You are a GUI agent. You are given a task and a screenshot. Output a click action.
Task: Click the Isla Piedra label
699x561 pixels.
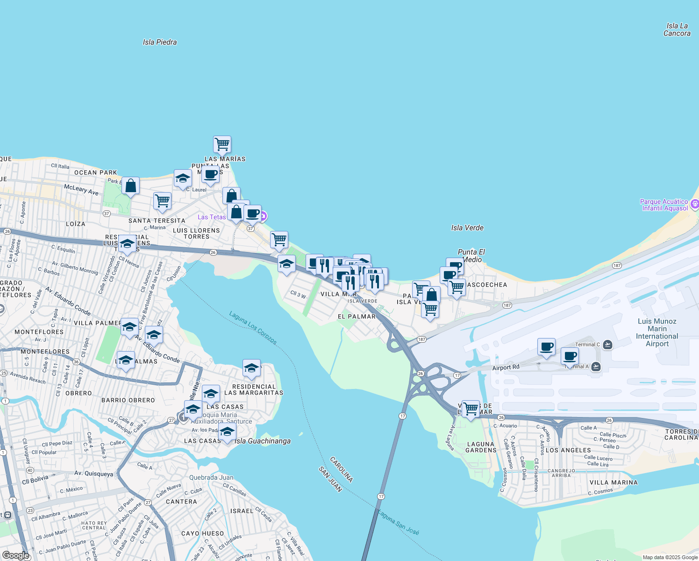click(160, 42)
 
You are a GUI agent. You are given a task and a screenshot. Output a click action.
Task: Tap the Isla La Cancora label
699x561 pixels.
click(677, 29)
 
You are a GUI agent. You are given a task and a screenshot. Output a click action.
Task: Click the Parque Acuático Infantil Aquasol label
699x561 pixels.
click(664, 205)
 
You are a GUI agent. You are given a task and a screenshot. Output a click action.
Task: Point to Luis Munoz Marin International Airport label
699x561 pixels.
click(657, 332)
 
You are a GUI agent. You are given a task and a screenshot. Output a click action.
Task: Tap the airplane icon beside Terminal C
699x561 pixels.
click(607, 345)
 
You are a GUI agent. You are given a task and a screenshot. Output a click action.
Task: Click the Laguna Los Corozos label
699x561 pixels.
click(253, 328)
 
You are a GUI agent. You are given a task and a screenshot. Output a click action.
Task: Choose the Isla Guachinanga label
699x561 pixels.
click(263, 441)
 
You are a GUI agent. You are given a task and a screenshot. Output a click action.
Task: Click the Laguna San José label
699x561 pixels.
click(399, 522)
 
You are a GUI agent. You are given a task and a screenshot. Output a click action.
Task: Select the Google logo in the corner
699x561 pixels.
click(15, 555)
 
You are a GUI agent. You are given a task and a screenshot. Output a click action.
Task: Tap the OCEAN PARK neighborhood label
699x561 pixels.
click(96, 173)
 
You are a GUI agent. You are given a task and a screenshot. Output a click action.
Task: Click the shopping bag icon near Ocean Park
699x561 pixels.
click(131, 186)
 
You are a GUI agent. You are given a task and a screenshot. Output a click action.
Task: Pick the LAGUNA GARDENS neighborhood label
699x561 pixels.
click(481, 447)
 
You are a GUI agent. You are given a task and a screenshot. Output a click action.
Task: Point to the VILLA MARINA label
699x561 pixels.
click(613, 482)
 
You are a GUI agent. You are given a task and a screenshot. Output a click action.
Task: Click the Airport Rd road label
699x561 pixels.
click(506, 367)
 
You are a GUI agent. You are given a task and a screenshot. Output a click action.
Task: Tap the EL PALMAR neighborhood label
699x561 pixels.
click(357, 316)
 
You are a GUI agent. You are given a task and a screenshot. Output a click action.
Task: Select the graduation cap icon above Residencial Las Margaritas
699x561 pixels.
click(251, 368)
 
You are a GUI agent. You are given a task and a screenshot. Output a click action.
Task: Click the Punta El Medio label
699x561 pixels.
click(471, 256)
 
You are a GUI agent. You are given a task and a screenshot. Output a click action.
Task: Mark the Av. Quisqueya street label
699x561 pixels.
click(93, 474)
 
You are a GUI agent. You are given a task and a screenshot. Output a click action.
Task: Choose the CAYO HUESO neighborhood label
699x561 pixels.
click(202, 533)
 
